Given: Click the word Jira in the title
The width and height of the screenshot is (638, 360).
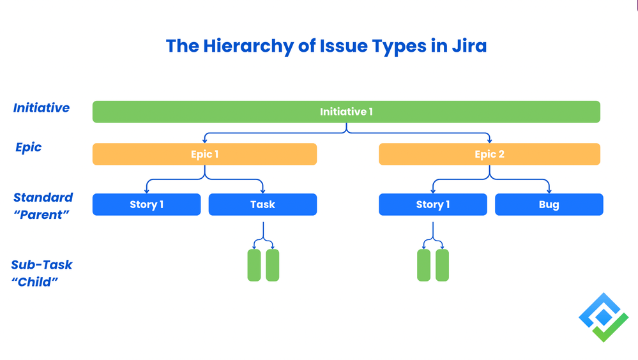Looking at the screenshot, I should click(x=468, y=46).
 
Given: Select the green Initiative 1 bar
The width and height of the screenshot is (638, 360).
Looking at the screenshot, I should click(x=346, y=112).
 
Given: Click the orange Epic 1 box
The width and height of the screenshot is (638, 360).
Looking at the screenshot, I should click(x=204, y=154).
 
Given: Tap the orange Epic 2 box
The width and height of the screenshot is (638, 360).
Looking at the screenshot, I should click(x=489, y=154).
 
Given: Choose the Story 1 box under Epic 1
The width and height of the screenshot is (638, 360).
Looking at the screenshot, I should click(x=146, y=204).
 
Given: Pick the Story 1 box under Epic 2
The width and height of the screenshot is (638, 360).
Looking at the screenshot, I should click(x=432, y=204).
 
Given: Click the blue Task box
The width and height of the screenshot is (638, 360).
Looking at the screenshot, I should click(x=262, y=204).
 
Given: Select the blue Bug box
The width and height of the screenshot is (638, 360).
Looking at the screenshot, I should click(x=549, y=204).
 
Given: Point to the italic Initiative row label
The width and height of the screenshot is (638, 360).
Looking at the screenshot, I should click(x=42, y=108).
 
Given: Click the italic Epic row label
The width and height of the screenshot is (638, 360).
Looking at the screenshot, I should click(x=29, y=147).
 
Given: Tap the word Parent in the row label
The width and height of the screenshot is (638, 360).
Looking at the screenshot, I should click(x=42, y=214).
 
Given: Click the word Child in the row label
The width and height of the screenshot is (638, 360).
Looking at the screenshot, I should click(x=35, y=281).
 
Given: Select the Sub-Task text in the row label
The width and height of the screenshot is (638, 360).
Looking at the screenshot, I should click(x=42, y=264).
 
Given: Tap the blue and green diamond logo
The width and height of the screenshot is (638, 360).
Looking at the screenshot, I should click(x=603, y=317).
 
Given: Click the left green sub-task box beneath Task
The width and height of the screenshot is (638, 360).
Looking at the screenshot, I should click(x=254, y=265).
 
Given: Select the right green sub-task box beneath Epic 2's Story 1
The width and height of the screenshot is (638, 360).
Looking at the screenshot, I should click(x=442, y=265).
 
